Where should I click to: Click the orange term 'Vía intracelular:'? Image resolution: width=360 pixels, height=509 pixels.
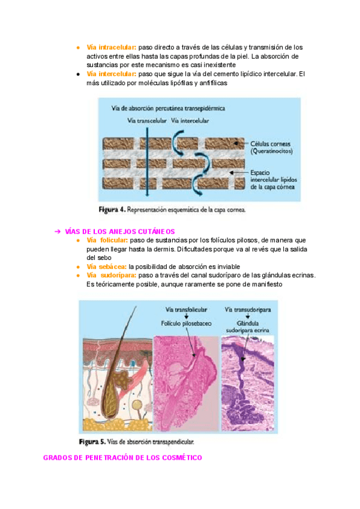(112, 47)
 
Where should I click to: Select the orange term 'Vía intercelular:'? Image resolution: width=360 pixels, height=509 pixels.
(112, 74)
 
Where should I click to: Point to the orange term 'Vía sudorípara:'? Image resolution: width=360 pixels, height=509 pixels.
(111, 275)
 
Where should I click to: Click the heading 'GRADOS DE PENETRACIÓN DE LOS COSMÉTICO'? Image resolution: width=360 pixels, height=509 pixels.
(122, 457)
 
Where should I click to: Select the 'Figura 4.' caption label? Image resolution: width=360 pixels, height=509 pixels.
(112, 210)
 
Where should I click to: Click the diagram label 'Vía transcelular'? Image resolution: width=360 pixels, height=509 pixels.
(147, 120)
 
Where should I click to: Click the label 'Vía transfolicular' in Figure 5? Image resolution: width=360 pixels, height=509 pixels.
(186, 310)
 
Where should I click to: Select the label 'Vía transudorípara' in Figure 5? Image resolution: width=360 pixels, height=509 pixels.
(249, 310)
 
